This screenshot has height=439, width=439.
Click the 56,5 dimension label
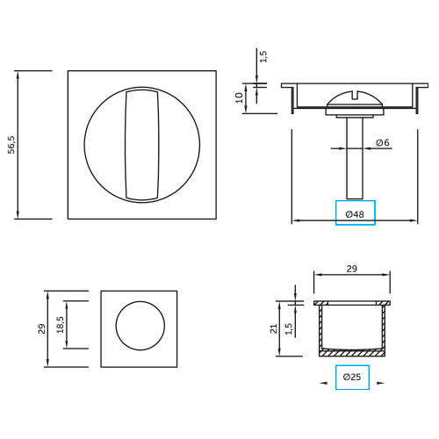click(x=11, y=145)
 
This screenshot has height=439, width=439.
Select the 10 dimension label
click(x=240, y=97)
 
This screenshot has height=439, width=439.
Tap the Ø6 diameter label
click(x=383, y=142)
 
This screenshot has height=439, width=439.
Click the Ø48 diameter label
click(x=355, y=214)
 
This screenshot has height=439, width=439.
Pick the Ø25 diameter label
click(x=352, y=377)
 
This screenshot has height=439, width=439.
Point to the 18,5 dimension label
click(x=61, y=325)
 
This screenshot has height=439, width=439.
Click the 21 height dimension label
click(x=273, y=328)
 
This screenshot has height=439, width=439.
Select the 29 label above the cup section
click(x=352, y=269)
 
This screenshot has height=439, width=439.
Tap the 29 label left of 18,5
click(x=42, y=328)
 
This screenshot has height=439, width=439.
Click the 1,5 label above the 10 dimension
click(x=263, y=56)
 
